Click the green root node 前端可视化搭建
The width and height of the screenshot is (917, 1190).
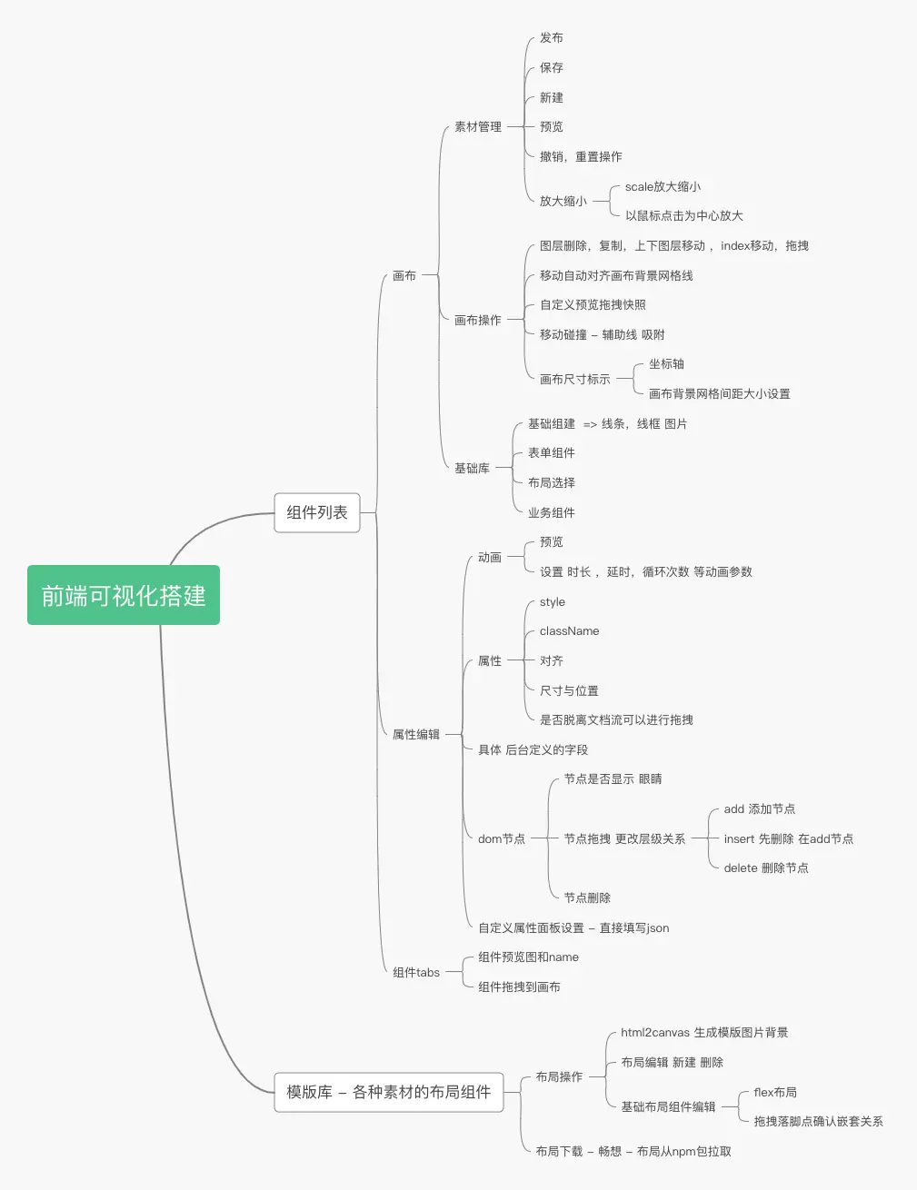pos(124,595)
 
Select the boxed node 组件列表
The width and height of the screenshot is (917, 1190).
pos(317,512)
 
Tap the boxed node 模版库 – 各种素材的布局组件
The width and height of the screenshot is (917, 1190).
pos(388,1092)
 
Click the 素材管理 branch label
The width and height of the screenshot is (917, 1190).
pos(478,127)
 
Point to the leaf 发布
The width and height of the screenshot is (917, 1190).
pos(552,38)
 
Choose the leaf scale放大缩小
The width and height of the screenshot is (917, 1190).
pos(663,187)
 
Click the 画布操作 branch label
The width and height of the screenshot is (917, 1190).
pos(478,320)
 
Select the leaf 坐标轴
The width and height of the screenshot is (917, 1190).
pos(666,364)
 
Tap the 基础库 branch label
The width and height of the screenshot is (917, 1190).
pos(472,469)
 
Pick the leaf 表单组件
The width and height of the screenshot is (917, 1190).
pos(552,453)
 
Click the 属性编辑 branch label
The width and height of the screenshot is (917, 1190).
pos(416,734)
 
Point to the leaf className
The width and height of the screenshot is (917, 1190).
pos(569,631)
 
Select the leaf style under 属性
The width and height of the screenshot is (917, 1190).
pos(553,602)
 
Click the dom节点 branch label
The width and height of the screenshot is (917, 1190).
pos(502,839)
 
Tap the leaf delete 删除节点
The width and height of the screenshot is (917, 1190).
pos(766,868)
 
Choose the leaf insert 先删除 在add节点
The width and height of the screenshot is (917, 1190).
pos(788,839)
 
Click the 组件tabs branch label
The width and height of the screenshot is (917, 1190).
pos(416,972)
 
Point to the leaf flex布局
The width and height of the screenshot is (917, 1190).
pos(775,1093)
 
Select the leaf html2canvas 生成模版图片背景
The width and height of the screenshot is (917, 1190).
pos(704,1033)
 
